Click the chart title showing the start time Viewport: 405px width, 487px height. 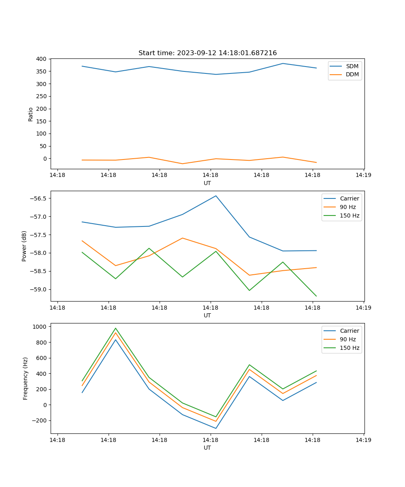point(207,53)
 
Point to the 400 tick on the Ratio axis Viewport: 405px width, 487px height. point(41,59)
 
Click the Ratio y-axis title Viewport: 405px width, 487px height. point(31,114)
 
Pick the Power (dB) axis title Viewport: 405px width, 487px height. point(24,246)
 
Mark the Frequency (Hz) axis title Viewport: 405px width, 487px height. point(26,378)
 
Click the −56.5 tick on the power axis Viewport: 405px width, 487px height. point(37,198)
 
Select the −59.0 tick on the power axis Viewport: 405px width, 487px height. point(37,289)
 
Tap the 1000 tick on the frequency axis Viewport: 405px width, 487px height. point(40,326)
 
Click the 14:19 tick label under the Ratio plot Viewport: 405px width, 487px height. point(363,175)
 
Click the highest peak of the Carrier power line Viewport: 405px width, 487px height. point(216,196)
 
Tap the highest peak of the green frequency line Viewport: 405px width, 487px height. point(115,328)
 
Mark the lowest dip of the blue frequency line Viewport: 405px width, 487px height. point(216,428)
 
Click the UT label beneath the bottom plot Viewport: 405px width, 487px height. point(207,448)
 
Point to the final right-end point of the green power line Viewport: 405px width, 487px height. point(316,296)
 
